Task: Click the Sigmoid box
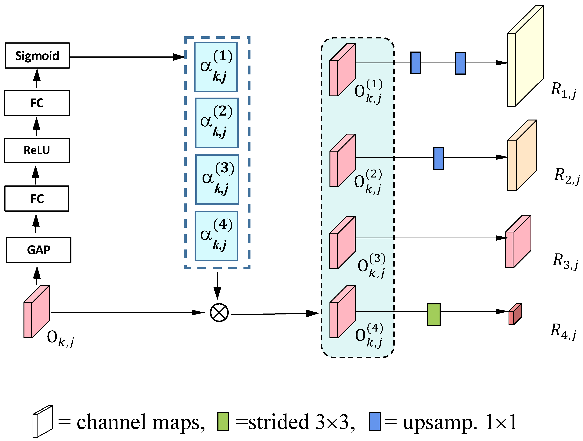pos(37,56)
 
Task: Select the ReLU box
pos(37,150)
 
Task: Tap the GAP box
pos(38,249)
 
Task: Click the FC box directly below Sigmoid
pos(37,103)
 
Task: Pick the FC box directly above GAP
pos(37,198)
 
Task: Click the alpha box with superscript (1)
pos(216,67)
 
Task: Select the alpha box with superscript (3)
pos(217,179)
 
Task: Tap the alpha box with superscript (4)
pos(216,236)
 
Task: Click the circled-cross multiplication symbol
pos(219,313)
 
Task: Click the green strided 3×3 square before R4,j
pos(434,314)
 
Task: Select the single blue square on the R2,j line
pos(439,158)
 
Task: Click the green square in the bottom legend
pos(223,421)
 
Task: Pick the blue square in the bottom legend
pos(375,421)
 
